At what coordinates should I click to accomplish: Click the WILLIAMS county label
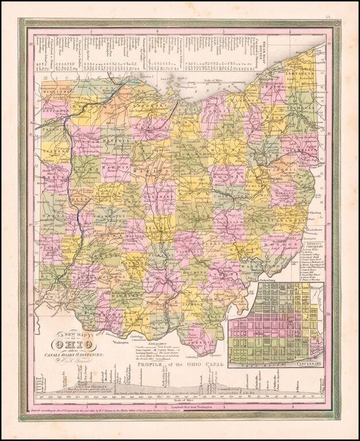point(57,90)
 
